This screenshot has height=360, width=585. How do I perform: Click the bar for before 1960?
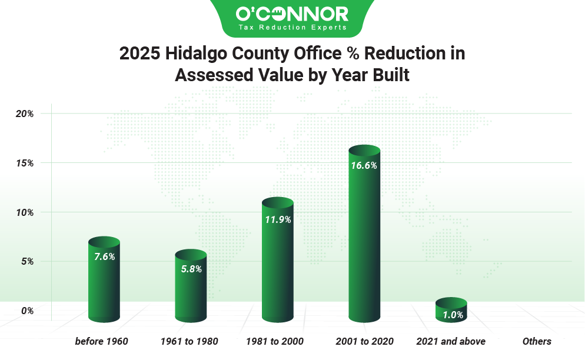(104, 285)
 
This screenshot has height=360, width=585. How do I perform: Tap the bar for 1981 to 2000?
(278, 265)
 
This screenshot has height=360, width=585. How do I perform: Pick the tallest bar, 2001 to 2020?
(364, 241)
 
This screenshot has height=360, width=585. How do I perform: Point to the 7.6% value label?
(104, 256)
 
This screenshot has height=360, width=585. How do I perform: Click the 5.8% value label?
(191, 269)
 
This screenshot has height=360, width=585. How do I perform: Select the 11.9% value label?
(278, 219)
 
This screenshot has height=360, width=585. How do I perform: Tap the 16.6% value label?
(364, 166)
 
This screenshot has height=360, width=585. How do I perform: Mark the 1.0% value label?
(451, 315)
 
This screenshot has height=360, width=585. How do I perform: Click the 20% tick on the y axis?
(24, 113)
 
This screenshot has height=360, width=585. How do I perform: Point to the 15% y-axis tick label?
(24, 162)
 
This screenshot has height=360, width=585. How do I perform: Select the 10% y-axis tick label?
(24, 212)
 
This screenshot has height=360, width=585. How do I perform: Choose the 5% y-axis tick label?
(26, 261)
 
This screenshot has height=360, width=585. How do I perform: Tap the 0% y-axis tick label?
(26, 311)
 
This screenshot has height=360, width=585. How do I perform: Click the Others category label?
(537, 341)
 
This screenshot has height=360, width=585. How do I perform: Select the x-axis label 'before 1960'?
(102, 341)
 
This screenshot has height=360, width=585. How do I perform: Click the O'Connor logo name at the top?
(292, 13)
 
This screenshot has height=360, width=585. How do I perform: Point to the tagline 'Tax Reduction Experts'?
(292, 27)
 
